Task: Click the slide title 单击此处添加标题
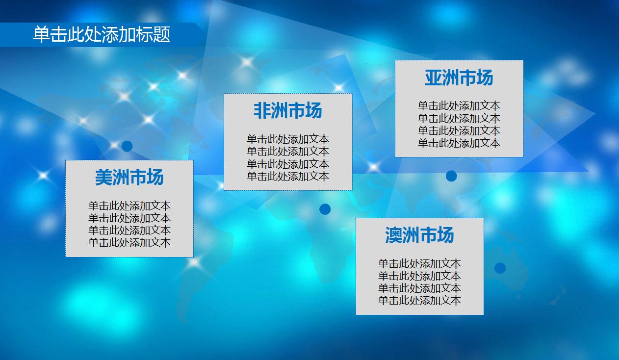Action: tap(102, 35)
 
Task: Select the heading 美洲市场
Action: tap(129, 178)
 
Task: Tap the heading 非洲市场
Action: tap(287, 111)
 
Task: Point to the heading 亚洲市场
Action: tap(459, 78)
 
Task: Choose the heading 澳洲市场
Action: tap(419, 235)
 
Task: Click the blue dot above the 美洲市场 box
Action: tap(127, 146)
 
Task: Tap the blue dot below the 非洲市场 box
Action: tap(325, 209)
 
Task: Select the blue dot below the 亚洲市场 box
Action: tap(451, 176)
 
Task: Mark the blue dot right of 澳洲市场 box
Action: tap(500, 268)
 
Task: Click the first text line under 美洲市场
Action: tap(129, 206)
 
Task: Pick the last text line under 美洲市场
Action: tap(129, 242)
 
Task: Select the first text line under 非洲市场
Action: tap(288, 139)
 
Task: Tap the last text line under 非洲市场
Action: tap(288, 177)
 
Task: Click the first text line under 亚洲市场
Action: tap(459, 106)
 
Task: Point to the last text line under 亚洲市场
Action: tap(459, 143)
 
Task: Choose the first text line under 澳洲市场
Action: tap(419, 264)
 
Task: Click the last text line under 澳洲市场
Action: tap(419, 301)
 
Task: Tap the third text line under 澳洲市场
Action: tap(419, 288)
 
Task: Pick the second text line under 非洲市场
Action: tap(288, 152)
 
